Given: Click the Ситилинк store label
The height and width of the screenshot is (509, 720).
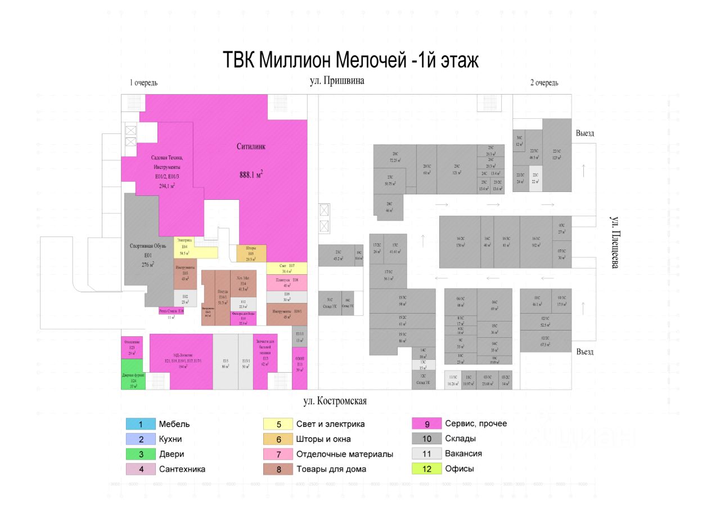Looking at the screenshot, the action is (x=251, y=146).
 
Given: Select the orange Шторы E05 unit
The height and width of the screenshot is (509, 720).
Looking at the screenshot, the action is (x=251, y=253).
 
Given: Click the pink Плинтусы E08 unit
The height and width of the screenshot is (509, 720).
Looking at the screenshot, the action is (x=287, y=283).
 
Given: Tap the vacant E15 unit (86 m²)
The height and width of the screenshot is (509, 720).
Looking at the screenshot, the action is (x=225, y=361).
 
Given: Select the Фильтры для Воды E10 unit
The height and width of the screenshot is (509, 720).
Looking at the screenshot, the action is (x=244, y=318).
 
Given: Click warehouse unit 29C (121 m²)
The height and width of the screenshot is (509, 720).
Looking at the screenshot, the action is (x=457, y=169).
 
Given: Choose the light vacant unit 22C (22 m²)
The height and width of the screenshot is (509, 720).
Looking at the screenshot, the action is (x=535, y=178).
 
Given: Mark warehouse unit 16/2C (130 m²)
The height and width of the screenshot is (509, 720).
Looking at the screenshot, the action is (x=460, y=242).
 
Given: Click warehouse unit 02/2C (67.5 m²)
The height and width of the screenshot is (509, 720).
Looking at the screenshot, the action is (x=545, y=341).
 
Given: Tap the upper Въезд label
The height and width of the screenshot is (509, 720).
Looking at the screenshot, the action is (x=585, y=133).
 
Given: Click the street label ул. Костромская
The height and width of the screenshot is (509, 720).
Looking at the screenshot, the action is (x=335, y=401).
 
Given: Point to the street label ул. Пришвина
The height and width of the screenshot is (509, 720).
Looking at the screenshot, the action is (x=337, y=81).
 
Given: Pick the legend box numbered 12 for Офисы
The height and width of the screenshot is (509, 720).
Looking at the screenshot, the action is (x=426, y=468).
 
